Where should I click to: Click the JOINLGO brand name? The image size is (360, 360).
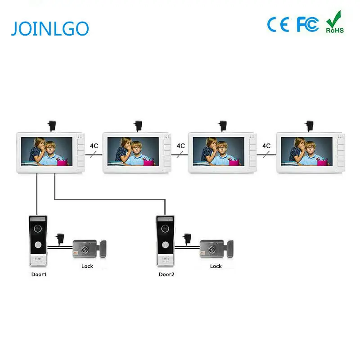(50, 28)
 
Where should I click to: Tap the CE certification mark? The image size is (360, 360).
(278, 24)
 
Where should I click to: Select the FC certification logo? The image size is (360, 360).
(308, 24)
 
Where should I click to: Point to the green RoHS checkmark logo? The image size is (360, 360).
(334, 22)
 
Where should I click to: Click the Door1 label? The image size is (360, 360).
(39, 274)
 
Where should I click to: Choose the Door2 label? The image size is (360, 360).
(166, 274)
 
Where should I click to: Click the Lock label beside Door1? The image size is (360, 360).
(87, 266)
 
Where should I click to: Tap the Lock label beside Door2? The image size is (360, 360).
(216, 266)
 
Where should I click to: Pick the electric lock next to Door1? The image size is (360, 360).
(89, 249)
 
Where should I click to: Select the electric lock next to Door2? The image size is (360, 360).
(217, 249)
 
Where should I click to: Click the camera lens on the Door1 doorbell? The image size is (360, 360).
(37, 228)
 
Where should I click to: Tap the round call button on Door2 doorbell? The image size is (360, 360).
(165, 245)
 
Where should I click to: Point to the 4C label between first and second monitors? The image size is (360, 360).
(94, 146)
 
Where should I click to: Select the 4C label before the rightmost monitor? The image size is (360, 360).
(266, 146)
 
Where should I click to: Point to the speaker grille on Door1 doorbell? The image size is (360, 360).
(38, 260)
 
